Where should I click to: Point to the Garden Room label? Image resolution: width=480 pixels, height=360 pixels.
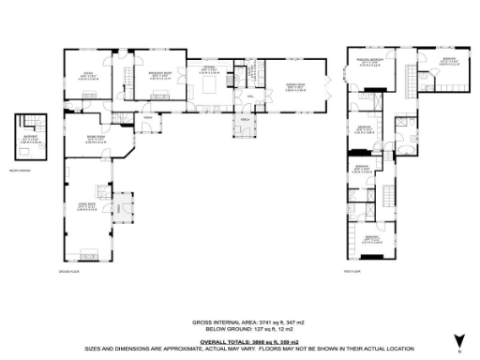(x=292, y=85)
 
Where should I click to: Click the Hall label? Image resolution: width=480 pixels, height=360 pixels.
(x=251, y=97)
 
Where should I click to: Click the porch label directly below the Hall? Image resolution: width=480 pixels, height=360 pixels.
(x=246, y=120)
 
